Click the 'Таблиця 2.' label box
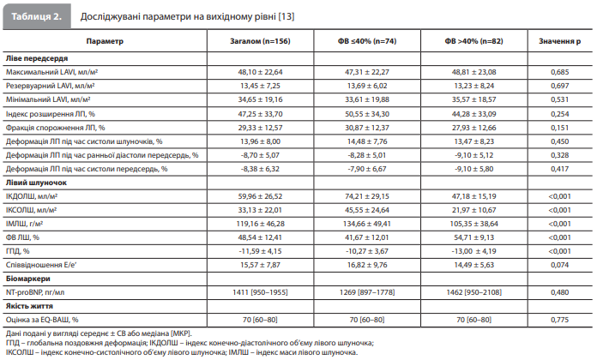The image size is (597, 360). [37, 16]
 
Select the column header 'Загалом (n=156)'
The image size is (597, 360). [260, 41]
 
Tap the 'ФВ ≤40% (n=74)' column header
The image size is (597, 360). [367, 41]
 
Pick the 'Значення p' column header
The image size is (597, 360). [559, 41]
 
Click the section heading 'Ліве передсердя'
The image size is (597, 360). [37, 58]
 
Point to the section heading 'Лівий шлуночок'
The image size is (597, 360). [36, 183]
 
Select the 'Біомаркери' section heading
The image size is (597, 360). [28, 279]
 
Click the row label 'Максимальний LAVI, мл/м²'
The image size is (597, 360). [51, 72]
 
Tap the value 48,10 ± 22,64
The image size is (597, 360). [261, 72]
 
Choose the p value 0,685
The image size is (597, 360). [559, 72]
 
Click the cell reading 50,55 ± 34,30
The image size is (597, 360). [367, 114]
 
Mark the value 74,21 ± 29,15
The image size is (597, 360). [367, 196]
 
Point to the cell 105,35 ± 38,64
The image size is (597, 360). [474, 224]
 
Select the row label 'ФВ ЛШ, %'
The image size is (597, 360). [22, 237]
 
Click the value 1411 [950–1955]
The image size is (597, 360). [261, 292]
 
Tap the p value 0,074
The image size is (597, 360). [559, 265]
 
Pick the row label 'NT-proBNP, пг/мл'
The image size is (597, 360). [35, 292]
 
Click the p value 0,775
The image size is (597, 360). [559, 320]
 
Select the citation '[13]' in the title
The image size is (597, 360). [286, 17]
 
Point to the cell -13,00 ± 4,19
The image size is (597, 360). [474, 251]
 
